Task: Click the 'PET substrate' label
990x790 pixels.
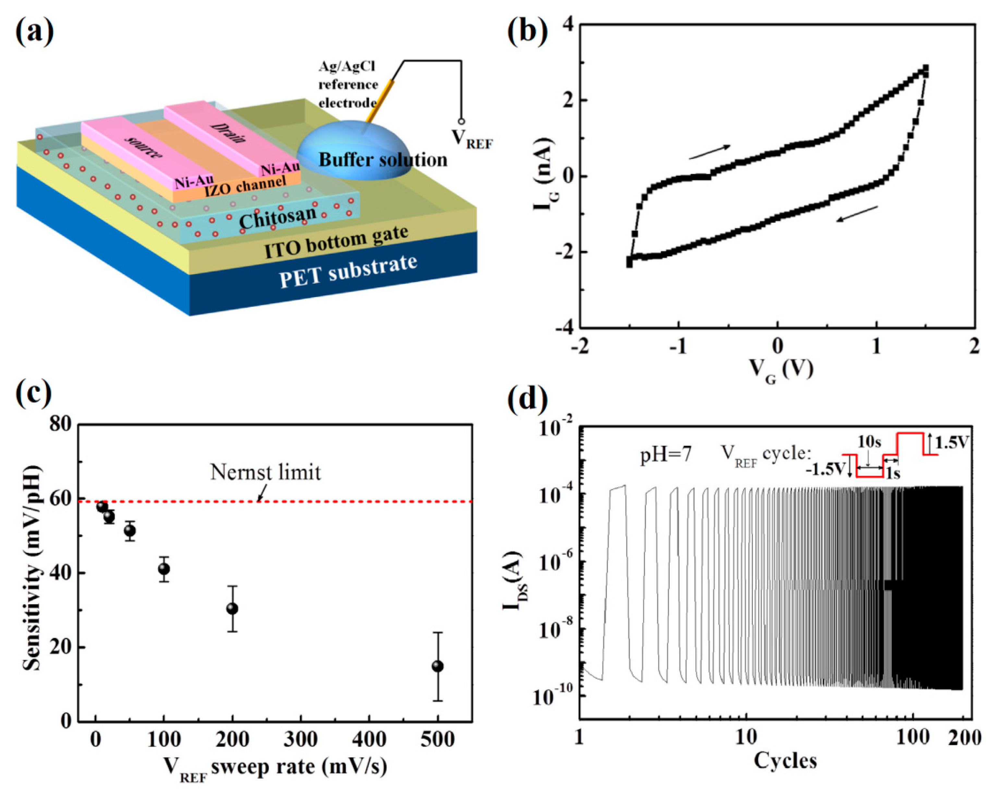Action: coord(348,271)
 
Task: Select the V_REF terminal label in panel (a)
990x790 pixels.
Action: coord(472,138)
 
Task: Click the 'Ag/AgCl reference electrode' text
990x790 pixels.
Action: coord(348,85)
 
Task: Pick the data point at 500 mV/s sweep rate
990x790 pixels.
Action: coord(438,666)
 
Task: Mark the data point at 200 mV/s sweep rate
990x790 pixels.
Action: coord(232,609)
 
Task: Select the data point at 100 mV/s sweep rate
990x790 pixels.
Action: coord(164,569)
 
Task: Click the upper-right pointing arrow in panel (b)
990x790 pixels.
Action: coord(709,152)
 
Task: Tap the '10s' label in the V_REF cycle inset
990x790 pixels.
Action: coord(869,442)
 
